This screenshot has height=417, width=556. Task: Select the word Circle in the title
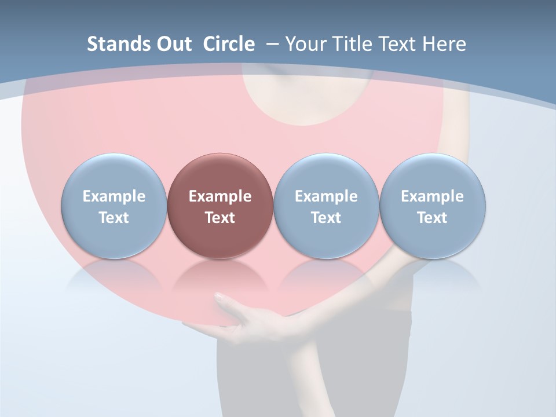coord(229,44)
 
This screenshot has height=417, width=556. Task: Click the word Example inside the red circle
coord(220,196)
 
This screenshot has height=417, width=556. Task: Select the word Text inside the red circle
coord(220,218)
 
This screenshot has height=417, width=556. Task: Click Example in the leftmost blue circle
coord(114,196)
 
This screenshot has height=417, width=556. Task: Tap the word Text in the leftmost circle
coord(114,218)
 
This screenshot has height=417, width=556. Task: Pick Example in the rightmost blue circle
coord(432,196)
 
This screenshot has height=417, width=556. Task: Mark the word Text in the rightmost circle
coord(432,218)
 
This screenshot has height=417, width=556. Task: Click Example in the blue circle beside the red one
coord(326,196)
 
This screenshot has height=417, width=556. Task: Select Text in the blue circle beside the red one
coord(326,218)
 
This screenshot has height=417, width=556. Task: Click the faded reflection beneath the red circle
coord(220,275)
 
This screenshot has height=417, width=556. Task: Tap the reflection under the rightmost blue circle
coord(432,275)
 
